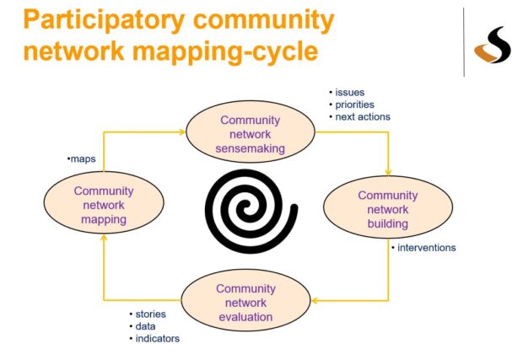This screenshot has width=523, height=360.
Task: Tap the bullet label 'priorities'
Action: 353,104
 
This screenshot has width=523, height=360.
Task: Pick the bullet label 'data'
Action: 144,326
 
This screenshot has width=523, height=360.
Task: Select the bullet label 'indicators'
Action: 155,339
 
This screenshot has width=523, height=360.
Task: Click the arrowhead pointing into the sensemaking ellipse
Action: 181,132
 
